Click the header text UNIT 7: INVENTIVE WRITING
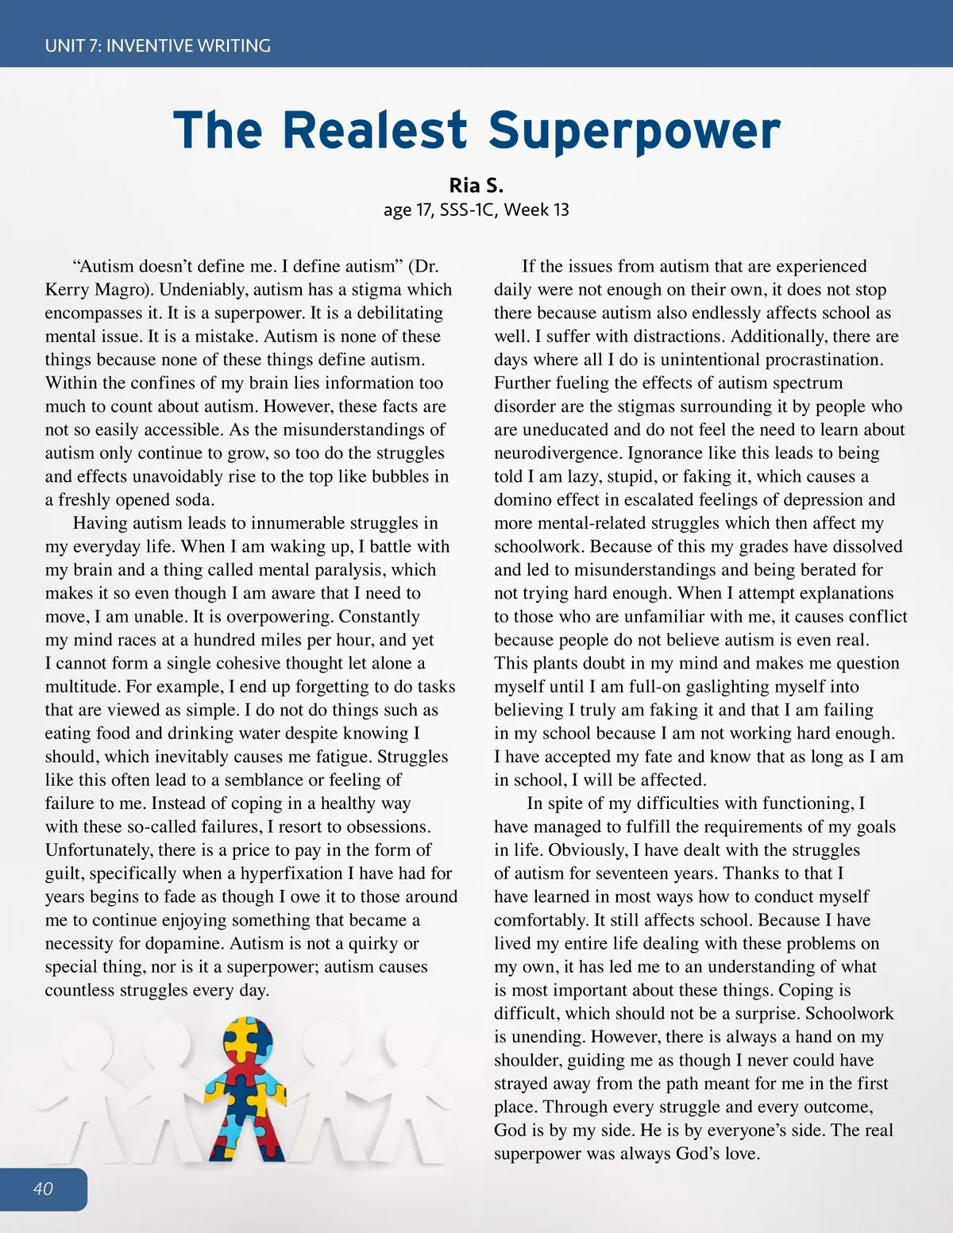pos(157,45)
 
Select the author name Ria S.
pos(476,186)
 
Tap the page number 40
pos(43,1189)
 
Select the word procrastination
pos(824,360)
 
